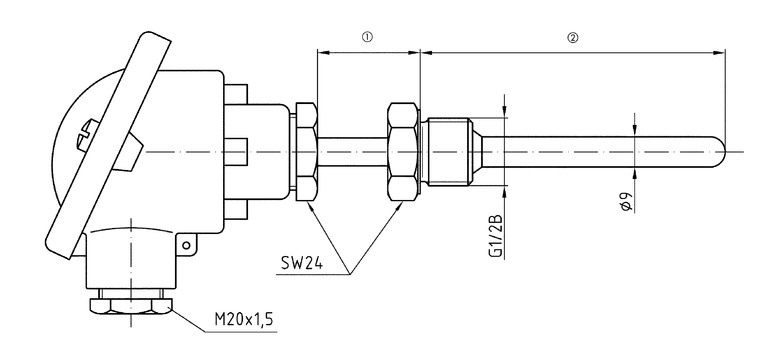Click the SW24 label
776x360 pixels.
[301, 263]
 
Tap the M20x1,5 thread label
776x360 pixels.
[243, 320]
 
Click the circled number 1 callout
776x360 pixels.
[367, 37]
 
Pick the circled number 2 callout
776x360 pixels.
[572, 38]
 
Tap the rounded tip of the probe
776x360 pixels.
[721, 152]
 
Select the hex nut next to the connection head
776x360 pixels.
[306, 151]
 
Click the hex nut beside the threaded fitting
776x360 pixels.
[403, 151]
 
